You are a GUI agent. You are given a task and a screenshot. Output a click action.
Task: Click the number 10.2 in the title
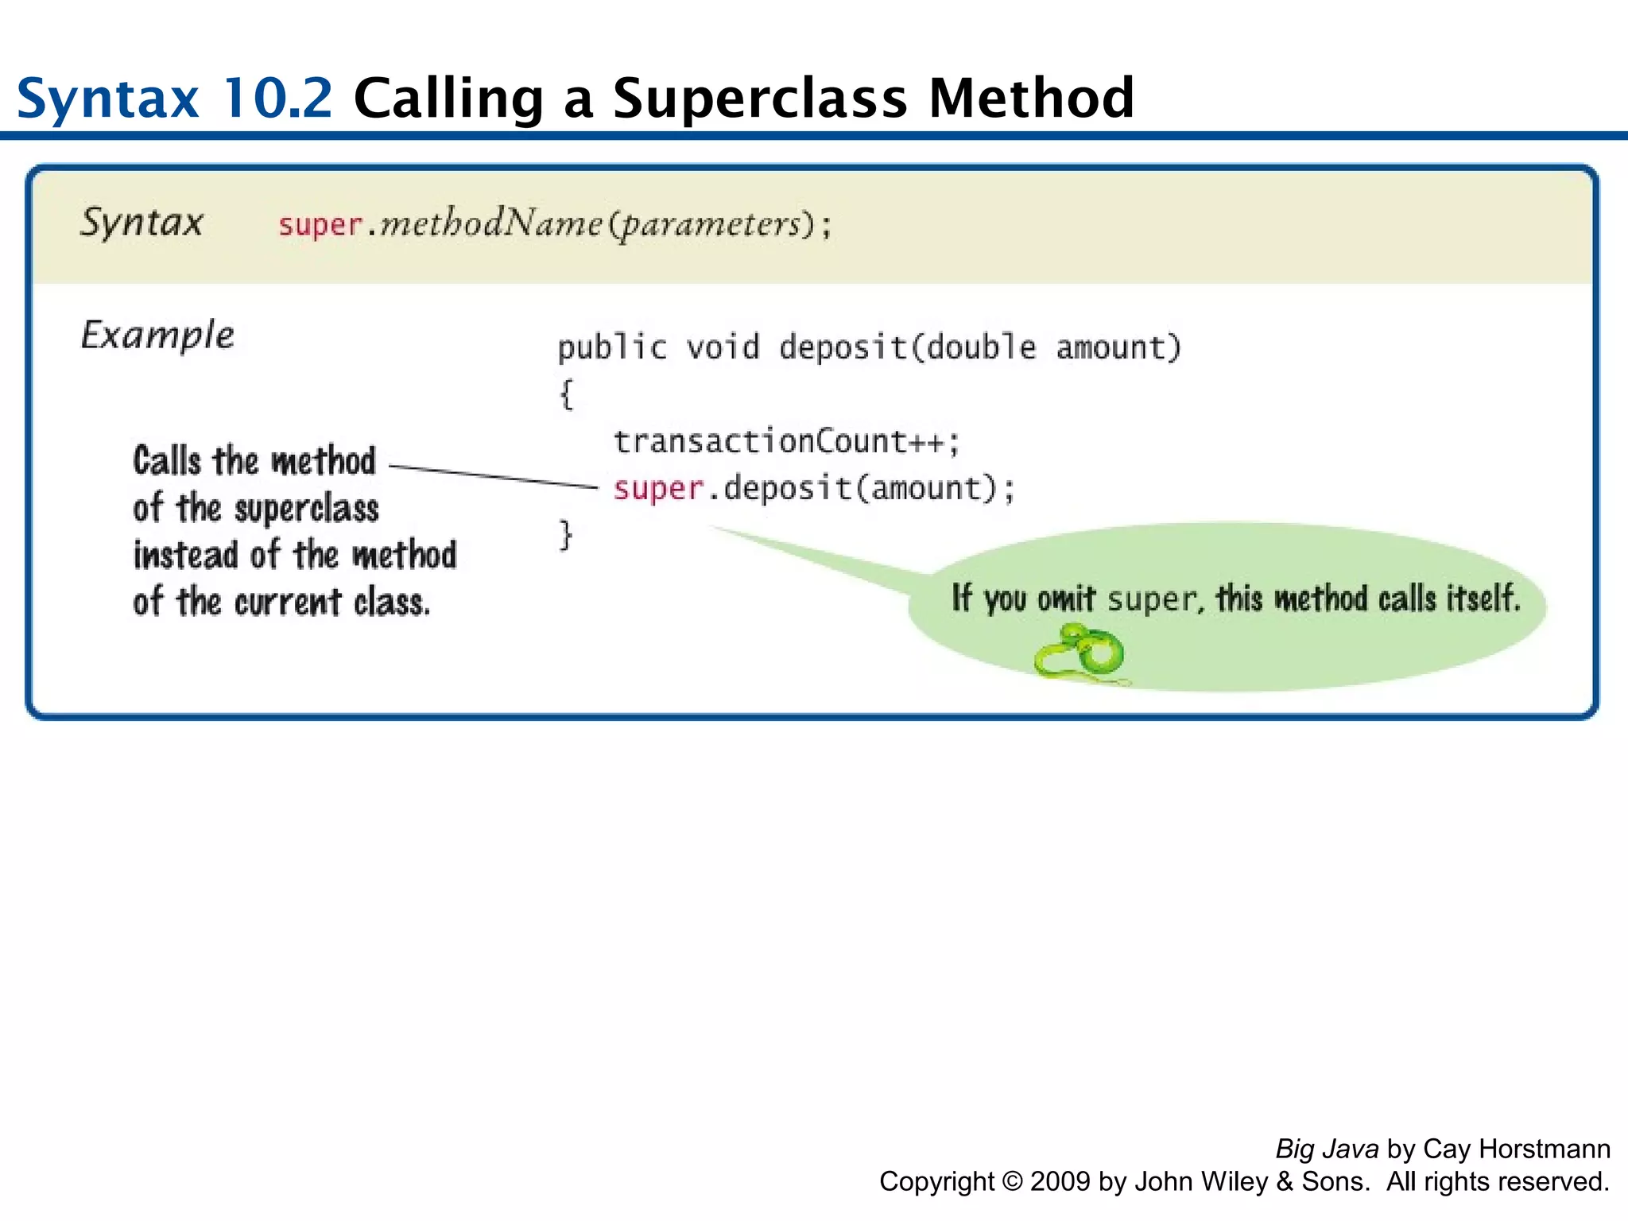click(x=276, y=99)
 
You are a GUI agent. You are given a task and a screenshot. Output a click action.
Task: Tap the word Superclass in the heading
click(x=759, y=99)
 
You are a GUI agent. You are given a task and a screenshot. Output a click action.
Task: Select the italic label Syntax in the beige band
click(x=141, y=222)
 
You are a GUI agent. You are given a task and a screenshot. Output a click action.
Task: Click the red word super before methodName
click(x=320, y=225)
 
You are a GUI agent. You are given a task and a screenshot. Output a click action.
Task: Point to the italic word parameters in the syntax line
click(x=709, y=224)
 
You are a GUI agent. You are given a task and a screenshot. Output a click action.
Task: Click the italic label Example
click(x=157, y=335)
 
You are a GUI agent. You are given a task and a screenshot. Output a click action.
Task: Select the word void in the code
click(x=723, y=347)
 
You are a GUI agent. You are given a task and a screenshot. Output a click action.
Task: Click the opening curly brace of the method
click(x=566, y=394)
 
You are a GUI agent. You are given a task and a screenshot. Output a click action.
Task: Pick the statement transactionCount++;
click(x=786, y=441)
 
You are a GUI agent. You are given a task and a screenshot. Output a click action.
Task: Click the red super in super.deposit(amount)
click(x=658, y=488)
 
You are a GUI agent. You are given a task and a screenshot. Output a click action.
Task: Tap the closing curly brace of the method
click(x=566, y=535)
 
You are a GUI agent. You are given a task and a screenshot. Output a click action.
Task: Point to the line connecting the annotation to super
click(x=493, y=476)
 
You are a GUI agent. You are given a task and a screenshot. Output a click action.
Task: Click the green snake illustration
click(x=1081, y=653)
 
